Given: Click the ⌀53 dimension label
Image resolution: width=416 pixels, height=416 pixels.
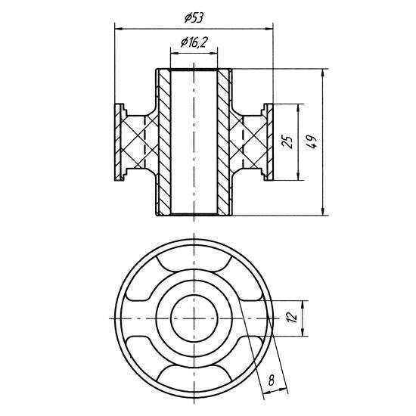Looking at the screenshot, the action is coord(194,18).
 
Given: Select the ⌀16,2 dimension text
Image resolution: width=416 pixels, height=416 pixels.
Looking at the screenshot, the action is coord(194,42).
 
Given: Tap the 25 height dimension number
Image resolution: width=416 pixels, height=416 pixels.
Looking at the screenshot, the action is coord(288,142).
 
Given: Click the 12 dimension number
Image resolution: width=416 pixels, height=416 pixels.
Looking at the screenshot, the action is coord(292,318).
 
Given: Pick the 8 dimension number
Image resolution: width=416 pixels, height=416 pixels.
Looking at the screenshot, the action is coord(271,380).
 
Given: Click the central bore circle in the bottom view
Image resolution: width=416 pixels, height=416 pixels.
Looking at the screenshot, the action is coord(194,318).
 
